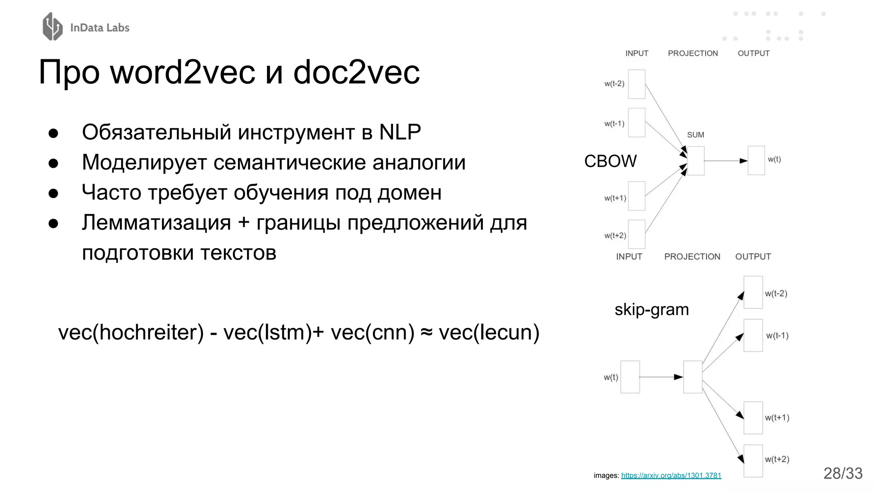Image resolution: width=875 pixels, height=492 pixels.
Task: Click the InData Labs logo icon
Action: [53, 26]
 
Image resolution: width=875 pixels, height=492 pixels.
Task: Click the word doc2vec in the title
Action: [356, 72]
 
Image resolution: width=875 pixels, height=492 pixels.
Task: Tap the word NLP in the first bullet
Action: [400, 132]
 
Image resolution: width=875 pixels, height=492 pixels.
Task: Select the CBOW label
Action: [610, 161]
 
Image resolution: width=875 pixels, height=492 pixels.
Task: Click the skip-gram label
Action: [652, 309]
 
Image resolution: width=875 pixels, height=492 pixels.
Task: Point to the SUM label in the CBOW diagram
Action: [695, 135]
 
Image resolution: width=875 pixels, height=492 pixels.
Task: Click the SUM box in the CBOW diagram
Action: [696, 161]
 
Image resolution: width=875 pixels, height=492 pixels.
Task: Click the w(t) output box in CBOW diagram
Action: [756, 161]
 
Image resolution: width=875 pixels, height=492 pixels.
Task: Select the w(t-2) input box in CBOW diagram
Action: [636, 84]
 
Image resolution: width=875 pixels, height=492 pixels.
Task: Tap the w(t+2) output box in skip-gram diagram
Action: [753, 461]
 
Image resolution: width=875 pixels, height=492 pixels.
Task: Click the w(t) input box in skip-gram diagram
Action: [630, 377]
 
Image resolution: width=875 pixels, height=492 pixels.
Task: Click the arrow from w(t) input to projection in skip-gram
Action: [661, 377]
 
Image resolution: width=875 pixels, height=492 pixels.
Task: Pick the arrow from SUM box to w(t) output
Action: [725, 161]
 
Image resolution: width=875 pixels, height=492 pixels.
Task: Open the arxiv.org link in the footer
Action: [671, 475]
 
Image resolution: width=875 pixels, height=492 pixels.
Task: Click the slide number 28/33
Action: [843, 473]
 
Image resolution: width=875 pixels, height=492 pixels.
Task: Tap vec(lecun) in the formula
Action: [489, 332]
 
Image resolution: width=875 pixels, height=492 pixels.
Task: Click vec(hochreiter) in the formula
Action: [131, 332]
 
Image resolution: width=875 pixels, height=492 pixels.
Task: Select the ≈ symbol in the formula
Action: [426, 332]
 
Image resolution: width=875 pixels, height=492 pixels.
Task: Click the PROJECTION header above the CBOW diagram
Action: [693, 53]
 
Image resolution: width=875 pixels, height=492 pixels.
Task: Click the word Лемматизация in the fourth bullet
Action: [156, 223]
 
